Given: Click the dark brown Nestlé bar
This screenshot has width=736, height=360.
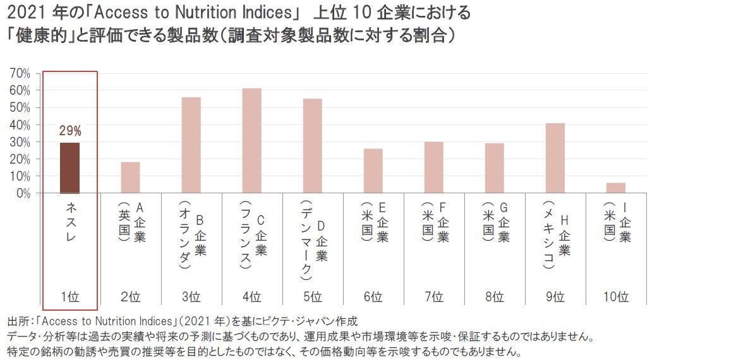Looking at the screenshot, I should pos(69,168).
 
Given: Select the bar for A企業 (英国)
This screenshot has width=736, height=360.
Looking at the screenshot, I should pos(131,177).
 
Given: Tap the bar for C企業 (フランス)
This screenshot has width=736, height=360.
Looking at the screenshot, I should pos(251,141).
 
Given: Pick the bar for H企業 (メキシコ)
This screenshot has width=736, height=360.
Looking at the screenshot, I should pos(555,158).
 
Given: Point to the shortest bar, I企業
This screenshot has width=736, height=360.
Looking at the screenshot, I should pos(615,188).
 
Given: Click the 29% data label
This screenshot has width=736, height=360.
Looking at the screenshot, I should pos(70,131).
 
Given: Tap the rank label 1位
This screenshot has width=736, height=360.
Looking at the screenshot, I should pos(70,296).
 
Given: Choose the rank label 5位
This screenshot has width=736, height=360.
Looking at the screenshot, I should pos(312,296).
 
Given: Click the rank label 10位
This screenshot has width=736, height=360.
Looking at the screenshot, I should pos(615,296).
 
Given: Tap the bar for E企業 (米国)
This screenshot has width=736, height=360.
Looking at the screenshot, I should pos(373,171).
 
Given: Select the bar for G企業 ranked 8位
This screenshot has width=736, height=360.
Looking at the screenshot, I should pos(494,168).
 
